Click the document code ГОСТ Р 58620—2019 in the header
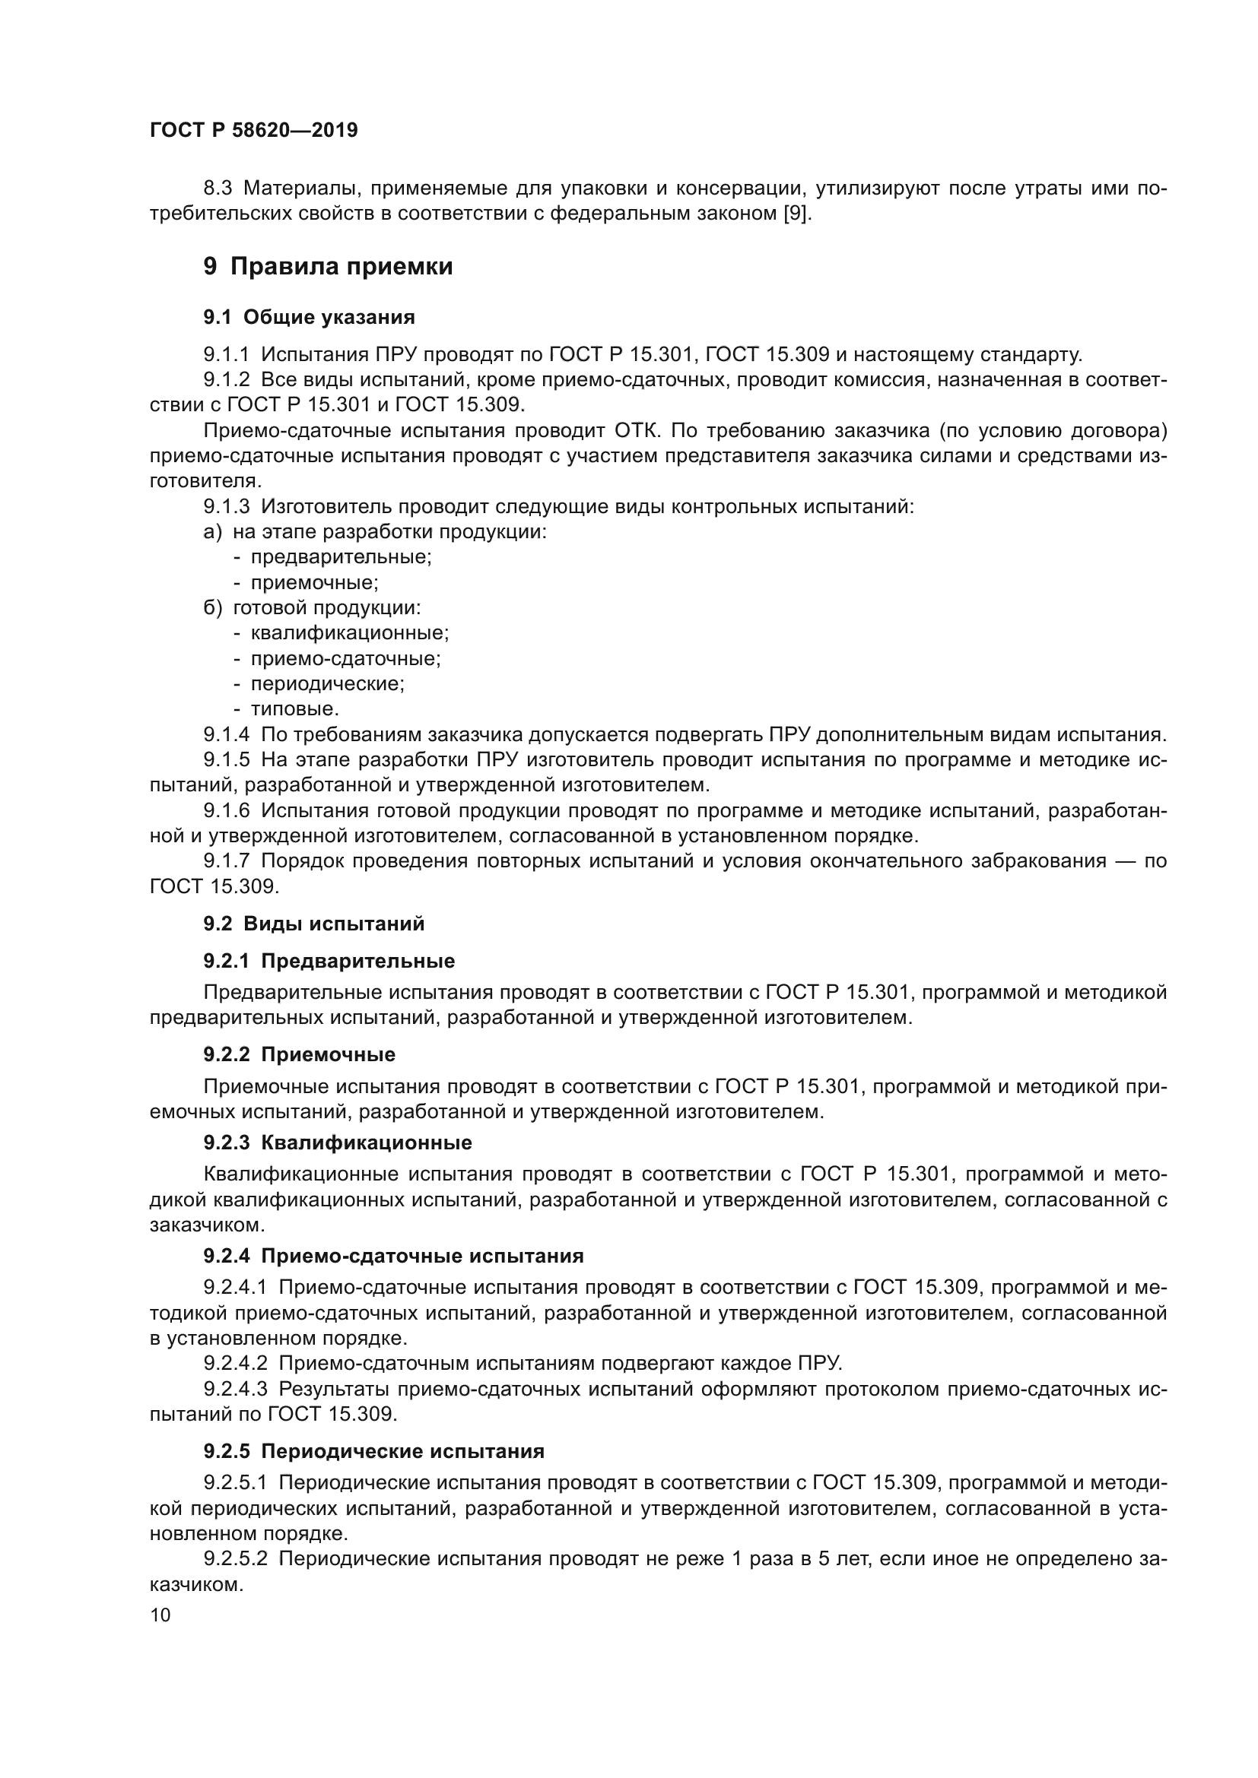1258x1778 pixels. [x=253, y=130]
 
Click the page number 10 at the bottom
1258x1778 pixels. [x=160, y=1615]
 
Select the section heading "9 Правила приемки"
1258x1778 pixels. [x=328, y=266]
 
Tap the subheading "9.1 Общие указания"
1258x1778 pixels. [x=309, y=317]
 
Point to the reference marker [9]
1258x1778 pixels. [x=797, y=214]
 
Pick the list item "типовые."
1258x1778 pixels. [x=294, y=708]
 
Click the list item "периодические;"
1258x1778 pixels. [x=328, y=684]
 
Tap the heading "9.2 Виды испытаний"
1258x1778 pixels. [x=313, y=923]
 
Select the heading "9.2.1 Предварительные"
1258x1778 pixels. [x=329, y=961]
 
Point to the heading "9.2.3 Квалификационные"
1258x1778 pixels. [x=338, y=1143]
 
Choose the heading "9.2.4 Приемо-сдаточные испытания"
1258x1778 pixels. [x=393, y=1255]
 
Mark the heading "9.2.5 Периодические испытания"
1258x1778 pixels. [x=374, y=1451]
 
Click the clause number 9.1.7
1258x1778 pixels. [x=226, y=861]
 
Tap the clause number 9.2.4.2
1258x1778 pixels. [x=235, y=1362]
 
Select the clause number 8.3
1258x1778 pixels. [x=217, y=189]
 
